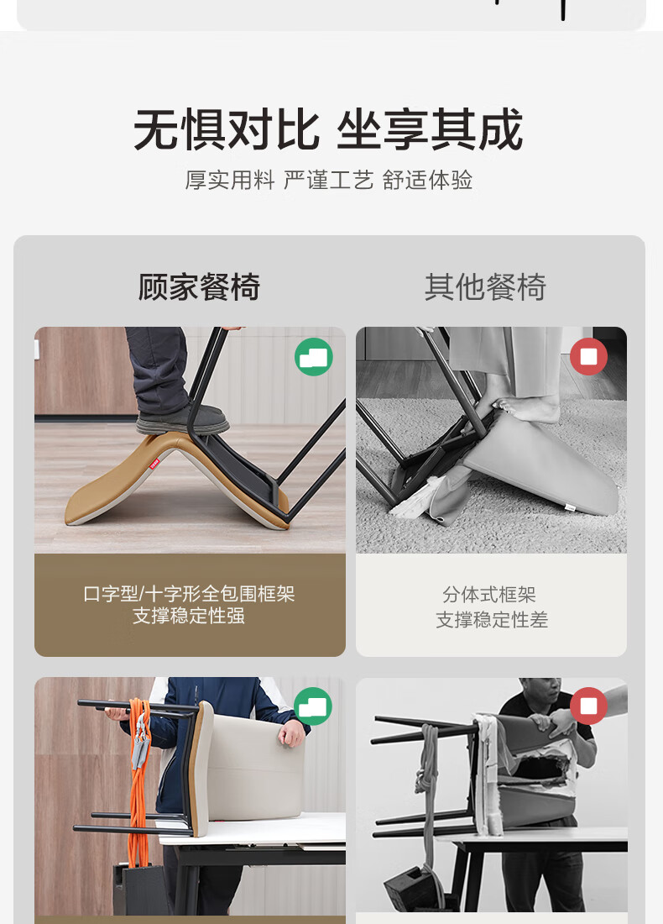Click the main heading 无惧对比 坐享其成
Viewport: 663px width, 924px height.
click(x=328, y=129)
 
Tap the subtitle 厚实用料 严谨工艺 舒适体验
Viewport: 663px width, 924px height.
click(x=328, y=181)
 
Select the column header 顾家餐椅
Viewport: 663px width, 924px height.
click(x=199, y=287)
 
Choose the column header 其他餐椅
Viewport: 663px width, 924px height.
click(x=485, y=287)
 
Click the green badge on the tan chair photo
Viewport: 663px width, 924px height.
click(x=313, y=356)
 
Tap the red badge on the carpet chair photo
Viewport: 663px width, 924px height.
click(x=588, y=356)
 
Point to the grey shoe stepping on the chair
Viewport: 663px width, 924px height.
click(x=182, y=419)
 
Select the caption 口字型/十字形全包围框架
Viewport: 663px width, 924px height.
click(x=189, y=593)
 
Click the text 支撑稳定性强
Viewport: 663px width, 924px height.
click(x=189, y=616)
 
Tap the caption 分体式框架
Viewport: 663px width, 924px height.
click(x=489, y=595)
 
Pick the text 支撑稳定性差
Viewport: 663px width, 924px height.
click(x=492, y=619)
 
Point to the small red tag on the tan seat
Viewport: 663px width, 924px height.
click(x=154, y=464)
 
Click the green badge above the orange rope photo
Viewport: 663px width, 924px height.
click(x=313, y=706)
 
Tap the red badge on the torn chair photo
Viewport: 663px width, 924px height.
click(x=588, y=706)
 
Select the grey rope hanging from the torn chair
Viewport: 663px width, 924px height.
click(x=429, y=795)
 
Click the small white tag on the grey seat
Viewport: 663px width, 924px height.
click(x=570, y=507)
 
